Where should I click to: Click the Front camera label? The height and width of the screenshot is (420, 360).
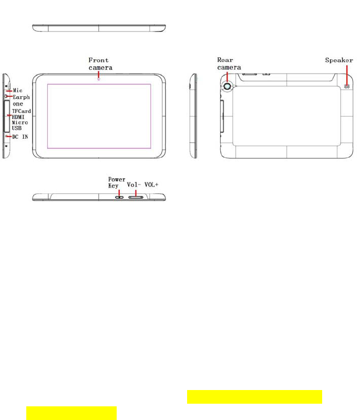coord(100,64)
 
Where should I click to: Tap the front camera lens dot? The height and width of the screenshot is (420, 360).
coord(99,79)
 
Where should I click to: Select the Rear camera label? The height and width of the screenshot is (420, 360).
coord(229,64)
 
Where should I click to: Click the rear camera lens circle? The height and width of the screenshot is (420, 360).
coord(228,86)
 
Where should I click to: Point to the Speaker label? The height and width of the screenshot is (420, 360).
coord(339,60)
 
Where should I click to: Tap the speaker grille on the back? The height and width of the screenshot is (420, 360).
coord(347,86)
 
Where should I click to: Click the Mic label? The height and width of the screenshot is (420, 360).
coord(18,90)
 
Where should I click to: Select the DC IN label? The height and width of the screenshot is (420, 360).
coord(20,137)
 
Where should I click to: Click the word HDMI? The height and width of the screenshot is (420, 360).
coord(18,117)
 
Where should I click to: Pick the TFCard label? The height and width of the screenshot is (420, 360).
coord(22,111)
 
